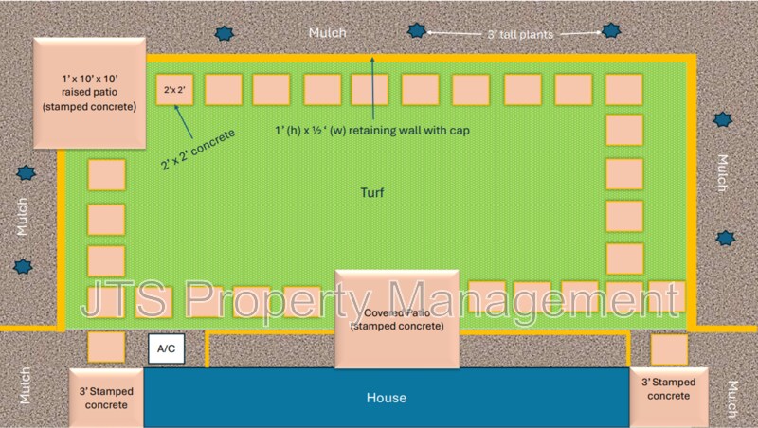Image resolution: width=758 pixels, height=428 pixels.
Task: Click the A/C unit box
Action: pyautogui.click(x=166, y=349)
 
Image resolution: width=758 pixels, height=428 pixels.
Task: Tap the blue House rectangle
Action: pyautogui.click(x=386, y=398)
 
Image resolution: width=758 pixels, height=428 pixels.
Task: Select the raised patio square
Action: pyautogui.click(x=89, y=93)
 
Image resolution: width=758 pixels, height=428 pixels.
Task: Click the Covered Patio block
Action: pyautogui.click(x=397, y=319)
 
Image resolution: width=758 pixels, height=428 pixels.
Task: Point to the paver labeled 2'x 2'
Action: pyautogui.click(x=174, y=89)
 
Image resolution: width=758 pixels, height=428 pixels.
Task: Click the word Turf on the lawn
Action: pyautogui.click(x=373, y=192)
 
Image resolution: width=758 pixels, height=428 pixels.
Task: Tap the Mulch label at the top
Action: pyautogui.click(x=328, y=33)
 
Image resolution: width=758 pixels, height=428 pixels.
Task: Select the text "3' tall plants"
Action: pyautogui.click(x=519, y=33)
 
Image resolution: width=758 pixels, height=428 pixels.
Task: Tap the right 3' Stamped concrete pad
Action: pyautogui.click(x=669, y=389)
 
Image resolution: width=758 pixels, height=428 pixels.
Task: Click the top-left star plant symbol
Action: pyautogui.click(x=225, y=33)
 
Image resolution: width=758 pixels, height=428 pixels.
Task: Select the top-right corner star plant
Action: pyautogui.click(x=610, y=31)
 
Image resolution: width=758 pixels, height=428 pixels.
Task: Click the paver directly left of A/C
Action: pyautogui.click(x=106, y=347)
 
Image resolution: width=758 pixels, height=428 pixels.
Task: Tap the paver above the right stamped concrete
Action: pyautogui.click(x=669, y=348)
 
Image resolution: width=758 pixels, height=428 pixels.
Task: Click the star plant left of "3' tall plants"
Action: pyautogui.click(x=416, y=30)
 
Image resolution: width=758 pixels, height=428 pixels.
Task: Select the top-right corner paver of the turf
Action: pyautogui.click(x=623, y=89)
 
